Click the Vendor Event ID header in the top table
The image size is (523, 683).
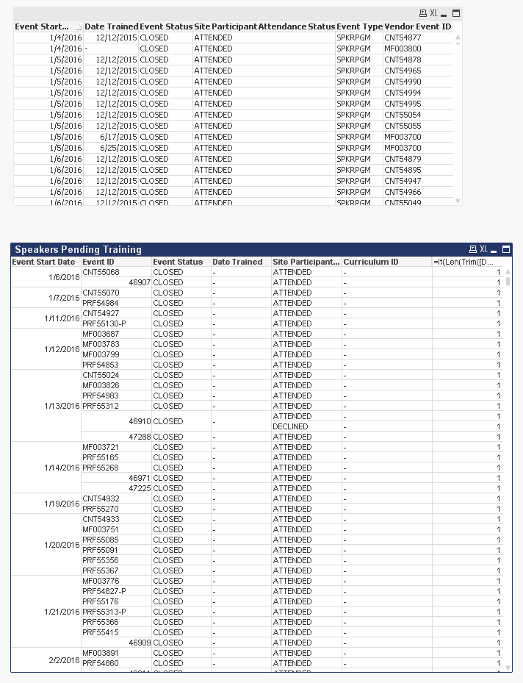[x=417, y=26]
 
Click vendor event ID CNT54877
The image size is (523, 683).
[x=403, y=37]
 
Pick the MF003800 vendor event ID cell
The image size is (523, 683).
[x=403, y=49]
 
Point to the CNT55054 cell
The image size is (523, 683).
[x=403, y=115]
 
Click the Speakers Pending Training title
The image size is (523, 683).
[x=78, y=249]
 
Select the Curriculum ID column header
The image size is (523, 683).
[x=371, y=262]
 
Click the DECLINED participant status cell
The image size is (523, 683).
[x=290, y=426]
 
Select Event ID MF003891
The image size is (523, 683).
[x=101, y=653]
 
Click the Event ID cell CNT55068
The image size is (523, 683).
[x=101, y=272]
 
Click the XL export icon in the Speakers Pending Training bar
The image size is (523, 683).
[x=483, y=249]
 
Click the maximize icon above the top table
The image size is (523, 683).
[x=456, y=13]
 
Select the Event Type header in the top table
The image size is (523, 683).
[x=359, y=26]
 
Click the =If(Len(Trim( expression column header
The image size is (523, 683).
[x=463, y=262]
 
